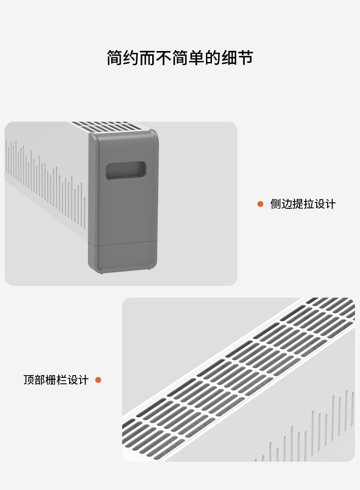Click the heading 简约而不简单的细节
click(x=180, y=58)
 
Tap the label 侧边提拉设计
click(x=303, y=204)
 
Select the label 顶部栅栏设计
click(x=56, y=380)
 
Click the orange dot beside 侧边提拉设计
click(x=260, y=204)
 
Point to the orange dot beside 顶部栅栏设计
click(x=98, y=380)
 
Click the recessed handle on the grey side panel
click(x=126, y=170)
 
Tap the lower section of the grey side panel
click(x=123, y=256)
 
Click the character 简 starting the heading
click(x=115, y=58)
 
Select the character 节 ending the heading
click(x=245, y=58)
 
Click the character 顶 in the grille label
click(x=29, y=380)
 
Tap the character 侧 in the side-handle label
click(x=276, y=204)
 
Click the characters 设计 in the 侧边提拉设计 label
click(x=324, y=204)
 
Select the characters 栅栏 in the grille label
click(x=56, y=380)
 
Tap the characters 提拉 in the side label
click(x=303, y=204)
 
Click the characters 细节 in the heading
click(x=237, y=58)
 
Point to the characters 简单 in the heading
click(x=188, y=58)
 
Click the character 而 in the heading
click(x=147, y=58)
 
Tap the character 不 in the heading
click(x=164, y=58)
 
